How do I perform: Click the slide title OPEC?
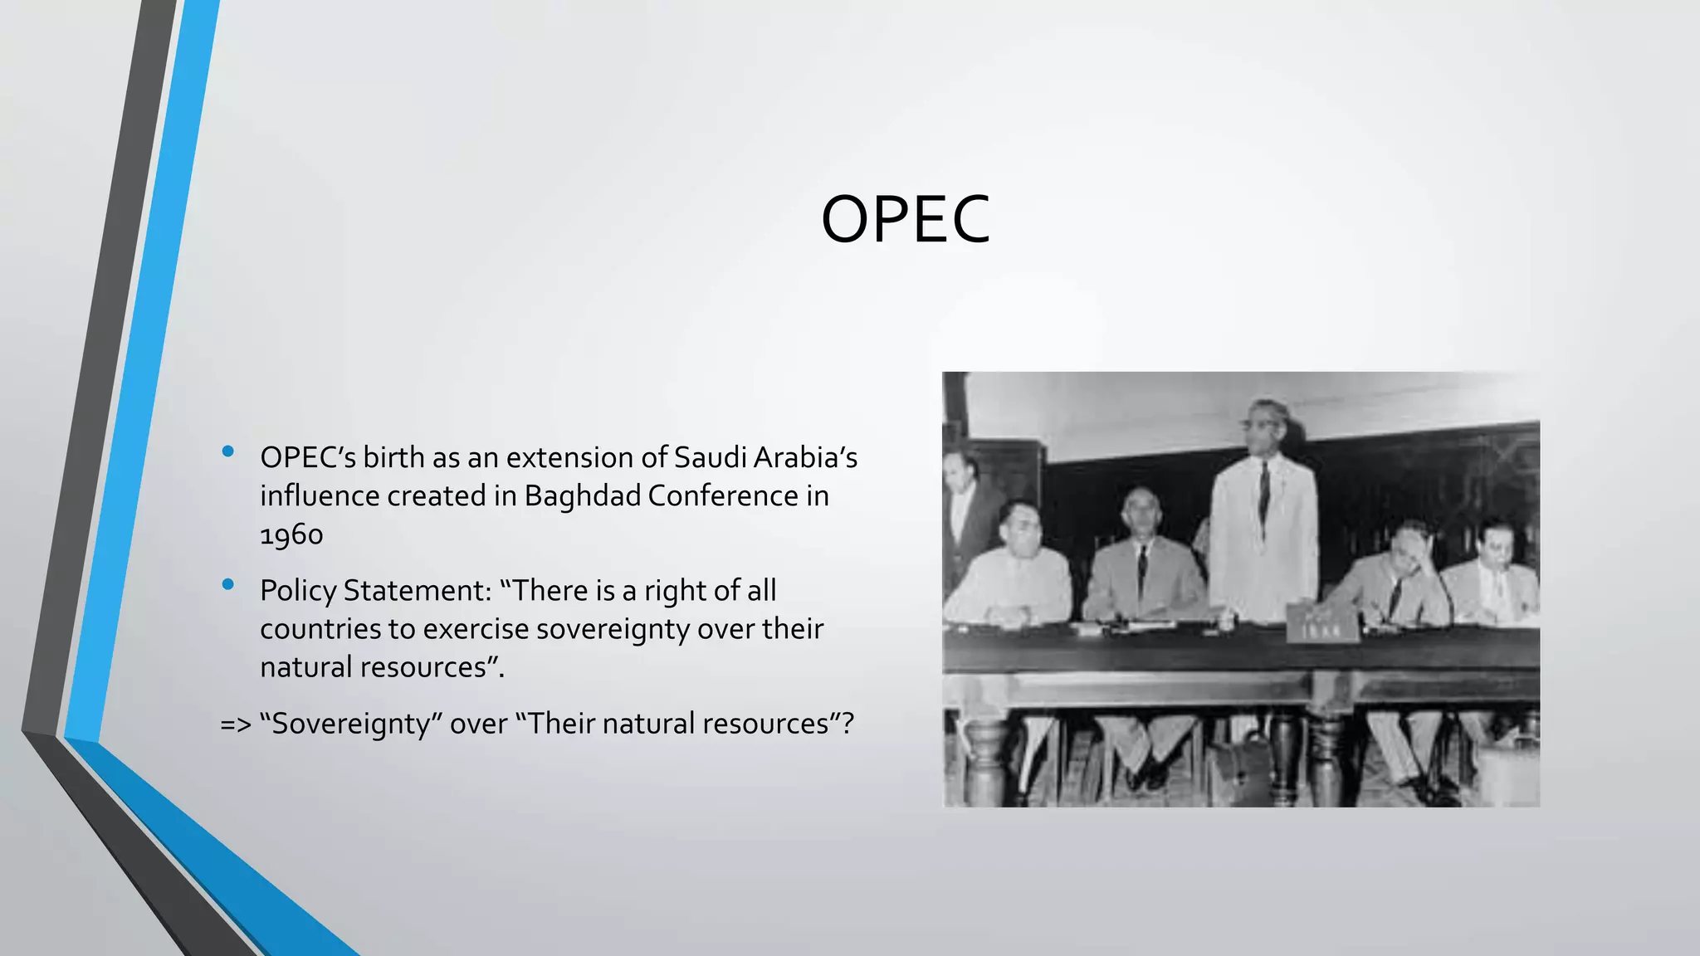(905, 220)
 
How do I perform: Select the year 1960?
(291, 534)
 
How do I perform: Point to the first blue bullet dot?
(228, 452)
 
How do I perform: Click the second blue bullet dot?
(228, 585)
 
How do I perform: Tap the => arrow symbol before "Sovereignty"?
(235, 724)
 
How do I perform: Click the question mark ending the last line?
(847, 724)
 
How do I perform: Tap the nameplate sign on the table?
(1322, 624)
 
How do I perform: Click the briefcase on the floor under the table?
(1238, 768)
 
